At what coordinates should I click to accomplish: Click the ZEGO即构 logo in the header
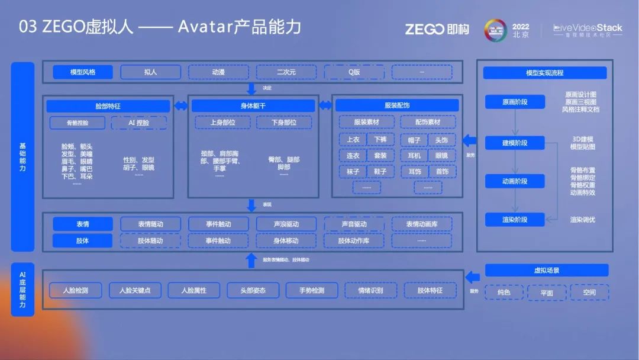tap(437, 29)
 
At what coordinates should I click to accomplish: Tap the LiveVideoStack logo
tap(588, 30)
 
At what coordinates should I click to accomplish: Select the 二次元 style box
tap(286, 72)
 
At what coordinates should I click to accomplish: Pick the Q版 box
tap(354, 72)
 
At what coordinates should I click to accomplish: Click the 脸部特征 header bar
tap(108, 106)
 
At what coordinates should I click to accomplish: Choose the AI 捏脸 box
tap(138, 123)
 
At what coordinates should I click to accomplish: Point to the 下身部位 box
tap(284, 123)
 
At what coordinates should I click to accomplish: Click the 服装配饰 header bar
tap(396, 105)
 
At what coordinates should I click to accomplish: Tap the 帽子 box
tap(414, 140)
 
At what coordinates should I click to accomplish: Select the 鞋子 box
tap(380, 171)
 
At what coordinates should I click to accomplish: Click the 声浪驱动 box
tap(286, 224)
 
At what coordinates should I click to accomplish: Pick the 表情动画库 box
tap(421, 224)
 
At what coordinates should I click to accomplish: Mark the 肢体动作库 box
tap(353, 241)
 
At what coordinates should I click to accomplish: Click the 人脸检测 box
tap(76, 291)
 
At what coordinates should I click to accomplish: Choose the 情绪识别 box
tap(371, 291)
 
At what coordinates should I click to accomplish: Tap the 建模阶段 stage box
tap(515, 143)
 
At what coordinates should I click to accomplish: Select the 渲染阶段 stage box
tap(515, 220)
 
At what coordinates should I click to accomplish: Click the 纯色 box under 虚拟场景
tap(504, 292)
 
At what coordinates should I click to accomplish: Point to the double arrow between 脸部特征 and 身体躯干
tap(181, 106)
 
